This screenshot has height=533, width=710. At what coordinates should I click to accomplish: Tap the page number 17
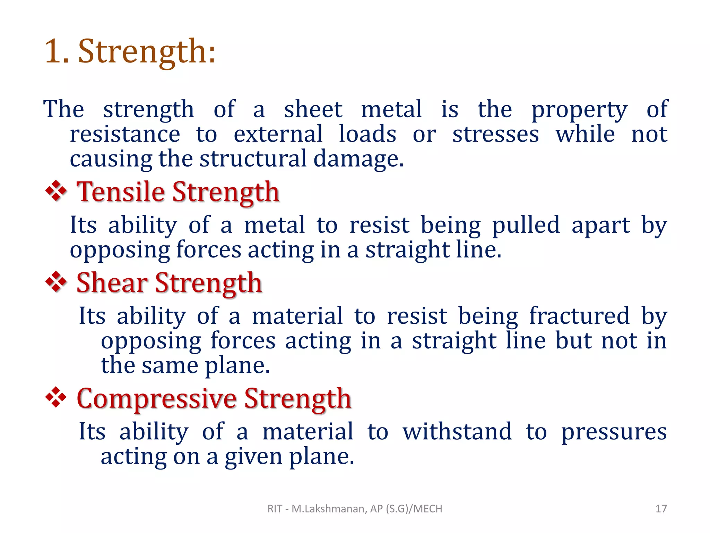661,509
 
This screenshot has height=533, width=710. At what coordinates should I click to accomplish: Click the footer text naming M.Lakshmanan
355,509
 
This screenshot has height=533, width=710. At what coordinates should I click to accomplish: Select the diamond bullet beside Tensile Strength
56,192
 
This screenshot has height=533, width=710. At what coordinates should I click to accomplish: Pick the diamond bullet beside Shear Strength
56,282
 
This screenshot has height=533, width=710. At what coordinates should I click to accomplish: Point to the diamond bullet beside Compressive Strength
56,398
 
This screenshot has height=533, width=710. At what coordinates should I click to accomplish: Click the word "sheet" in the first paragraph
313,110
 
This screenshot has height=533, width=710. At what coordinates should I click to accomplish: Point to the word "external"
278,134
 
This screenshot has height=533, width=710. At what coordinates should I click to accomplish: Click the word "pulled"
526,226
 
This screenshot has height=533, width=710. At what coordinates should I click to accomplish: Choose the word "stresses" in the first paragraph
495,134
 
